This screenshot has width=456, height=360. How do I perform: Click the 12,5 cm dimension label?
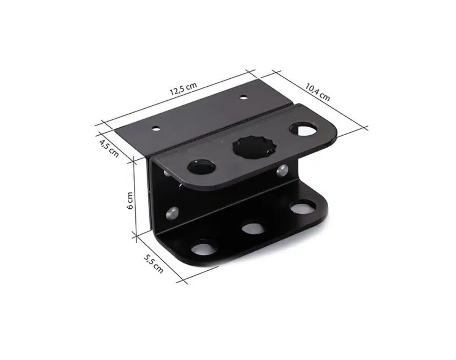184,89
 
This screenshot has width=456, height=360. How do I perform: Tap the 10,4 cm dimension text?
317,92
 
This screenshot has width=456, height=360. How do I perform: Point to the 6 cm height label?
130,201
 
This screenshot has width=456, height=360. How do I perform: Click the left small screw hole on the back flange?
156,128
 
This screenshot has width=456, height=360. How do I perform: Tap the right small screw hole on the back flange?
244,97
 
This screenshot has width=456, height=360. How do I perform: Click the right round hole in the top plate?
304,129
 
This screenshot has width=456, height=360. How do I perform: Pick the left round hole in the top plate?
201,167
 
